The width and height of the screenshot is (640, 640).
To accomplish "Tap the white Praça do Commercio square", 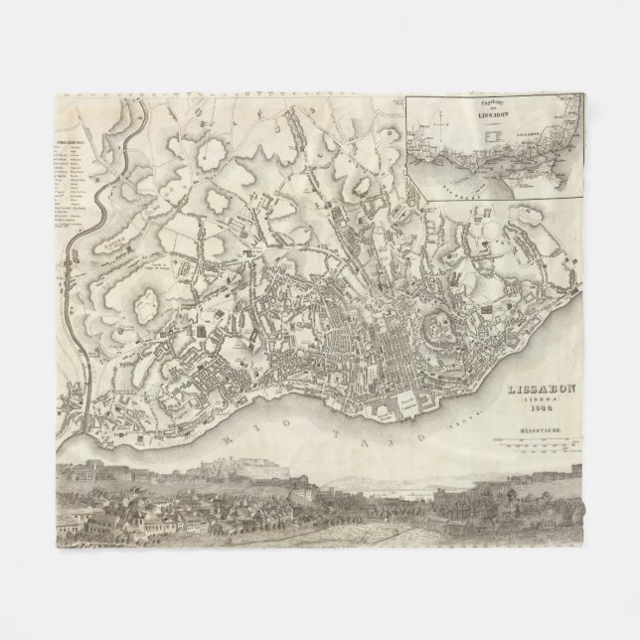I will point(407,403).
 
